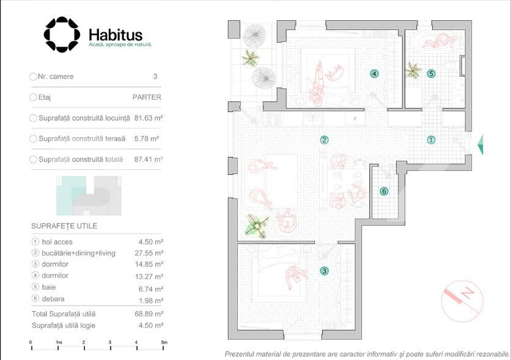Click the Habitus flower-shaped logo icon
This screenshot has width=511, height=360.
tap(62, 34)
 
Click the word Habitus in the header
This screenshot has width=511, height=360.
tap(116, 35)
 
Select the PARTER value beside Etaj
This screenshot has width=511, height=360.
tap(147, 97)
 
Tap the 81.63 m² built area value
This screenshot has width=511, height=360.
tap(149, 118)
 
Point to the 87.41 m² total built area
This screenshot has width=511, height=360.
tap(149, 160)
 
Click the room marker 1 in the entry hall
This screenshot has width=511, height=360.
tap(431, 140)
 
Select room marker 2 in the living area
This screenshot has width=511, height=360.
tap(324, 140)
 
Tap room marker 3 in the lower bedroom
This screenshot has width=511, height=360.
tap(324, 271)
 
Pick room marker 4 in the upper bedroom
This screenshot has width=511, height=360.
tap(374, 73)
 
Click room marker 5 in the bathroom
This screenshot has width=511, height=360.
tap(431, 73)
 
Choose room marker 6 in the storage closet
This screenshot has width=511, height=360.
tap(384, 191)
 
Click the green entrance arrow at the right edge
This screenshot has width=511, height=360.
tap(480, 144)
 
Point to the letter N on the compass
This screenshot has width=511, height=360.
tap(468, 293)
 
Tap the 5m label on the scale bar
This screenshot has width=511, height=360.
tap(164, 342)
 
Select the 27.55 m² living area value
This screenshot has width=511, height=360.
tap(149, 253)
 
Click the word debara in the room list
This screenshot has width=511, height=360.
tap(53, 299)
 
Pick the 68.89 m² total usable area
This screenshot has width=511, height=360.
tap(149, 314)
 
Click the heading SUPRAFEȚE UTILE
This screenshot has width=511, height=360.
tap(64, 226)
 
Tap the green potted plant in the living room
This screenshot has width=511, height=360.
tap(257, 226)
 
